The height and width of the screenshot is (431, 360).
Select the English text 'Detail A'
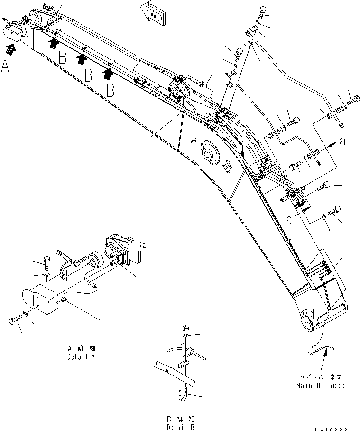pos(81,356)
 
